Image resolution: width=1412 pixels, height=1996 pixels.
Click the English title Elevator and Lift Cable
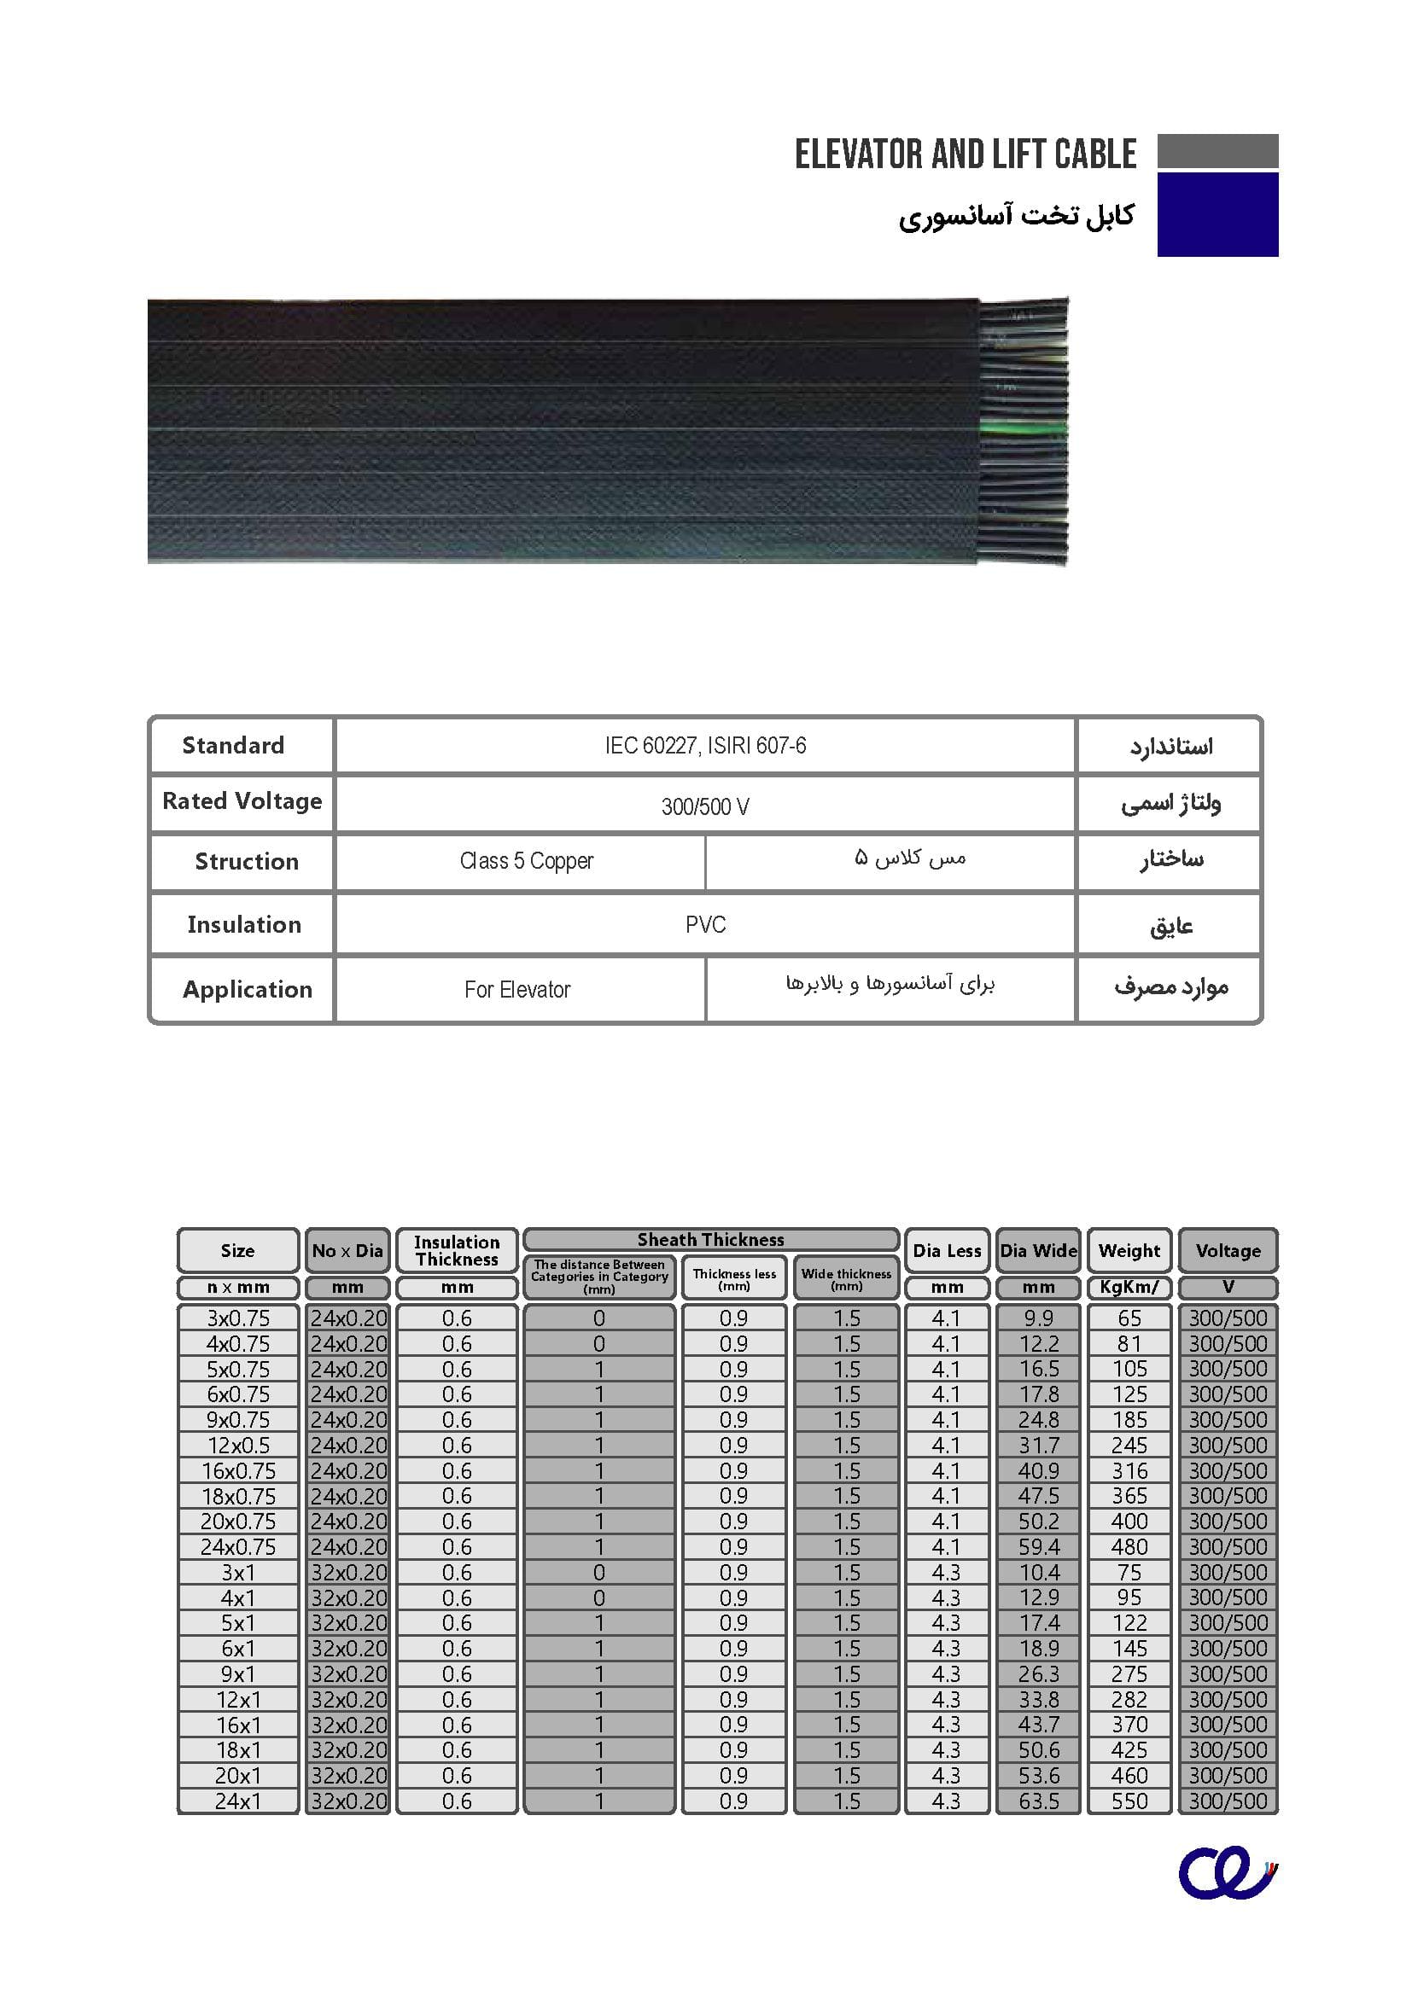click(966, 154)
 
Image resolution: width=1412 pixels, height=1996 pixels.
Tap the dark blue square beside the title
click(1217, 214)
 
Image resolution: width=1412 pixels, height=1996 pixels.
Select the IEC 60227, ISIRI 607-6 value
click(705, 746)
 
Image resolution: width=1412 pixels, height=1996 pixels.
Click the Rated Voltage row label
click(242, 801)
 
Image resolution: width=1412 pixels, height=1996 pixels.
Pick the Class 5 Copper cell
click(526, 862)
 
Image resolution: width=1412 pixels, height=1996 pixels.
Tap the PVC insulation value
click(705, 925)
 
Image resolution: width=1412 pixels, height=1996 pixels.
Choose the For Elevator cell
click(517, 990)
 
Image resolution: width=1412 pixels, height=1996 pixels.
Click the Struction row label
click(246, 862)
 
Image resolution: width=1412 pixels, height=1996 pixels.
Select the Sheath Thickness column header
click(710, 1240)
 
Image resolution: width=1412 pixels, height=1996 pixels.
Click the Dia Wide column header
click(1038, 1251)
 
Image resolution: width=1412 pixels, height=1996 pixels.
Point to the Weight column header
click(1129, 1251)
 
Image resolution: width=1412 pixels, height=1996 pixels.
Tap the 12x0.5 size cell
click(238, 1446)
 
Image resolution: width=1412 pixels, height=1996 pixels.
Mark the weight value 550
click(1129, 1802)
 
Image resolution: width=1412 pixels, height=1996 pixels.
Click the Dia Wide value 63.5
click(1039, 1802)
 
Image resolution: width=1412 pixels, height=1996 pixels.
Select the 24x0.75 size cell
click(238, 1547)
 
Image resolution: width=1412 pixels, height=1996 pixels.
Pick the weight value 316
click(1129, 1471)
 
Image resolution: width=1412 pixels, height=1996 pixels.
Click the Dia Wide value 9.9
click(1039, 1318)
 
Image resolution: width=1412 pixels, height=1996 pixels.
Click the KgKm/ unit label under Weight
click(1129, 1288)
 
